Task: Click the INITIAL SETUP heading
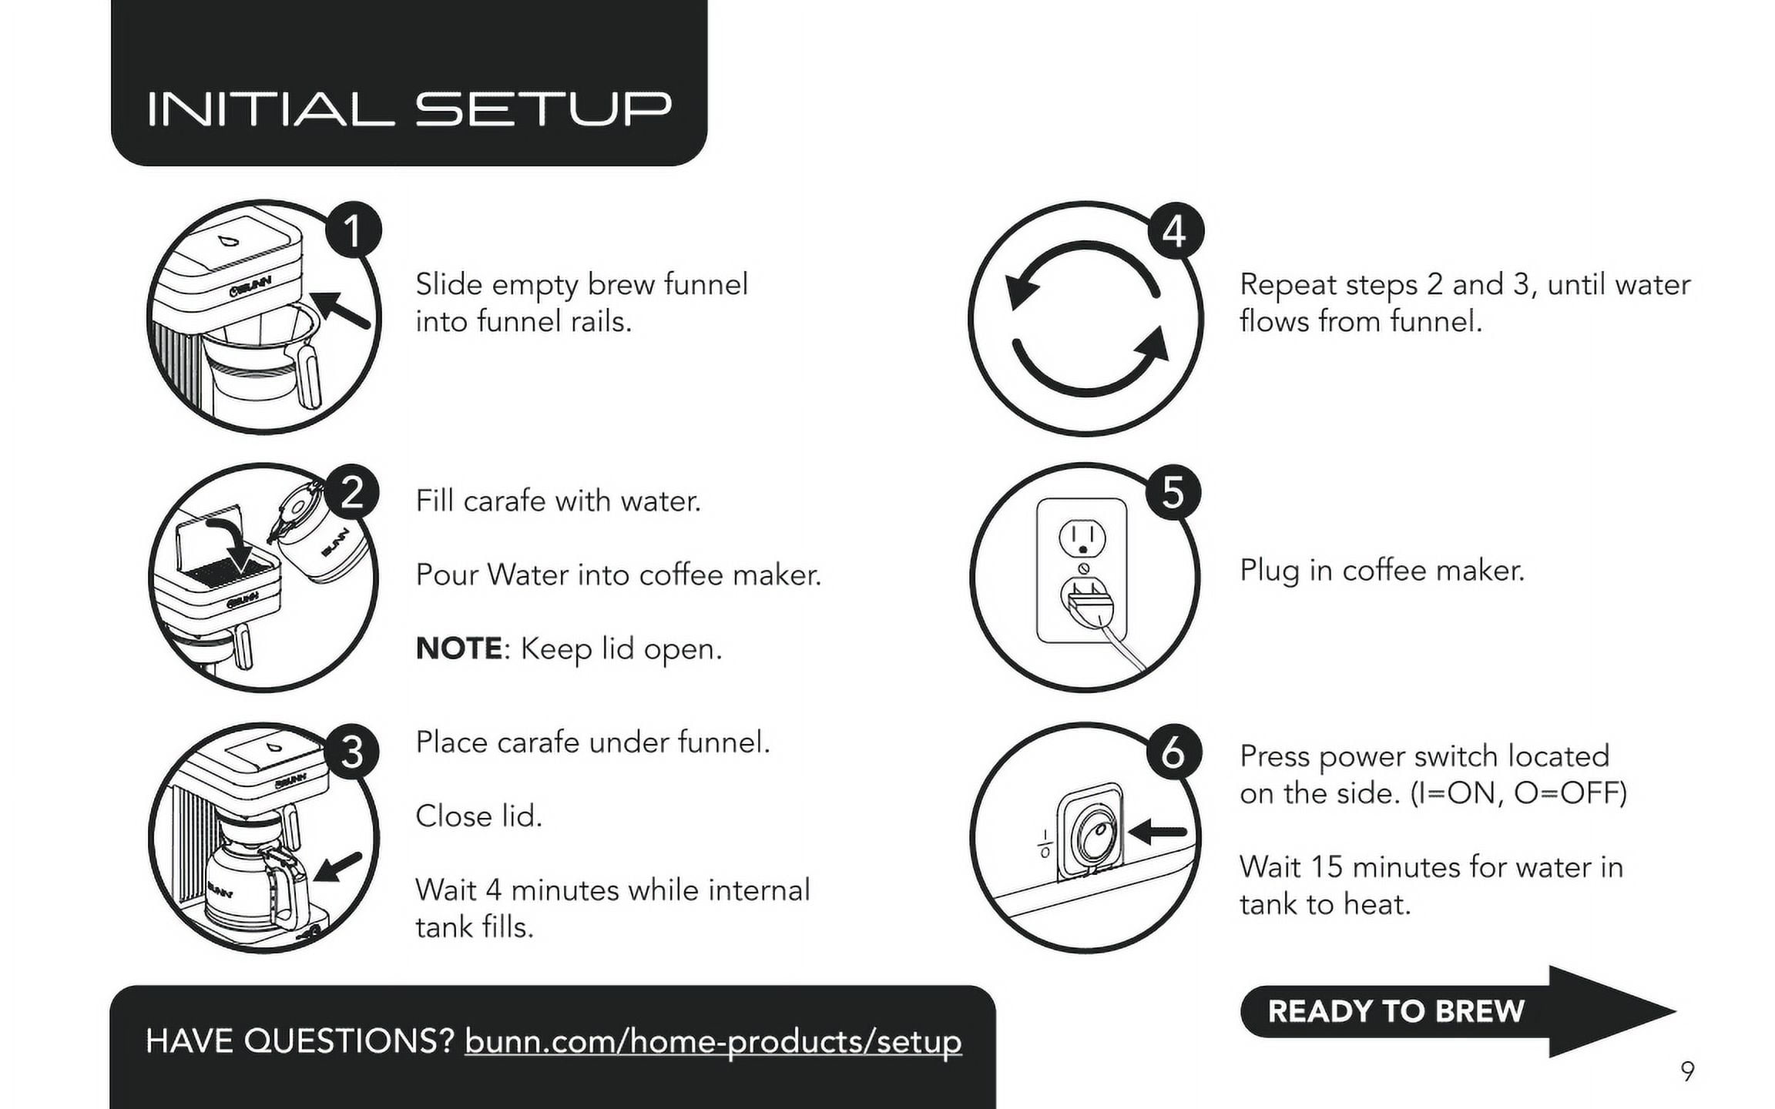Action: [409, 109]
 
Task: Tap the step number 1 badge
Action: [353, 230]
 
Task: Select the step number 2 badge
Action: [351, 492]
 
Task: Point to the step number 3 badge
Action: [351, 752]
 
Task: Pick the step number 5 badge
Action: [1173, 491]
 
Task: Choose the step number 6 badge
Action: [1173, 752]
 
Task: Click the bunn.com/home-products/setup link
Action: [713, 1041]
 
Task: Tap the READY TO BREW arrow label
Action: [1396, 1011]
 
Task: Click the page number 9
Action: [1687, 1071]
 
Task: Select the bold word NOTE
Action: [459, 648]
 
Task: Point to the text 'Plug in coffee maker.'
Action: [1382, 571]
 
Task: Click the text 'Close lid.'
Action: [479, 816]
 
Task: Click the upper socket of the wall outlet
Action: [1082, 538]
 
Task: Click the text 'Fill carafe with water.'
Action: [559, 501]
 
